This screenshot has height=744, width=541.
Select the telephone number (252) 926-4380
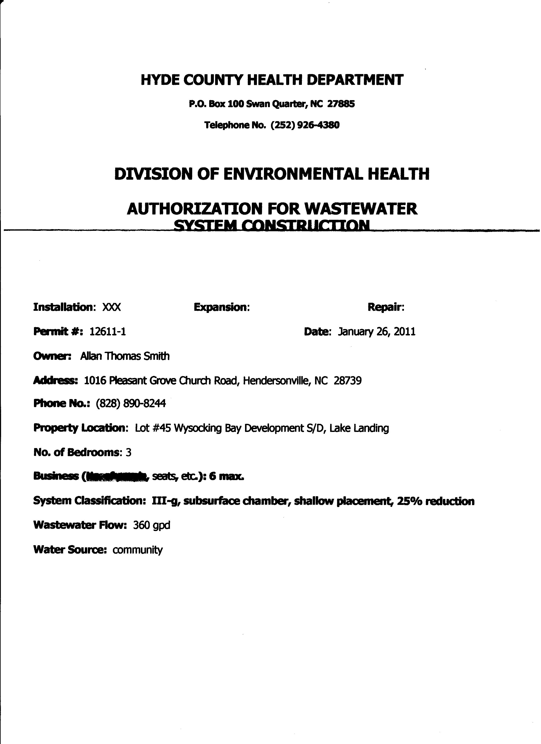point(305,125)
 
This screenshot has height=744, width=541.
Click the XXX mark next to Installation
point(112,307)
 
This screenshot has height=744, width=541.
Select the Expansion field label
point(222,307)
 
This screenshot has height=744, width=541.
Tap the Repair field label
point(386,307)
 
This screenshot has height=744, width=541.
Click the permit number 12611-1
point(108,332)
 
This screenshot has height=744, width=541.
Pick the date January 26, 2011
point(377,332)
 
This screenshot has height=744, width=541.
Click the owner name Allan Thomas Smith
point(125,356)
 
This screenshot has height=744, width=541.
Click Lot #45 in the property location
point(153,428)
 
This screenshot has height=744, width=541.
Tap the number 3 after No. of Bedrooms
point(129,453)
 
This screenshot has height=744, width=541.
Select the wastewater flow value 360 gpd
point(151,525)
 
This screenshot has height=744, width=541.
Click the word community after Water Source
point(137,550)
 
